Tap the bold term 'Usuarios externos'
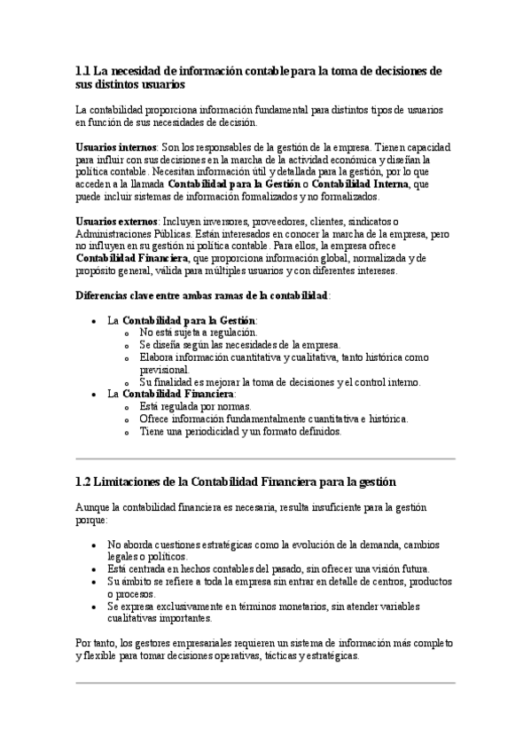pos(117,221)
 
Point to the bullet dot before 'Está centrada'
pos(95,569)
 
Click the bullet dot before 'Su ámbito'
pos(95,582)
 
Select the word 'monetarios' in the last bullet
pos(301,607)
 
